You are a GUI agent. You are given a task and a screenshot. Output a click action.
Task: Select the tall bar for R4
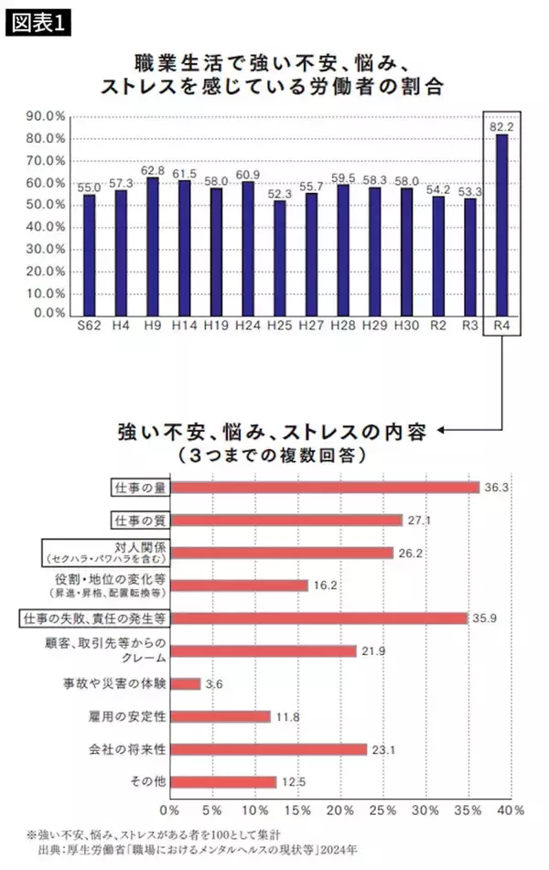click(501, 223)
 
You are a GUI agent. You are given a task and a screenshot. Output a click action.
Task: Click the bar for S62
click(89, 253)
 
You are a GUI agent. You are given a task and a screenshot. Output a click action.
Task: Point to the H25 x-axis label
click(279, 327)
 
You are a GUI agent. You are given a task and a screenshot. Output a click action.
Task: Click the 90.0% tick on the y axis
click(45, 116)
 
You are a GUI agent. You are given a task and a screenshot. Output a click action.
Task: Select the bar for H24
click(247, 247)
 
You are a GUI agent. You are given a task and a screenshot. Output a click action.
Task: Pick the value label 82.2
click(501, 127)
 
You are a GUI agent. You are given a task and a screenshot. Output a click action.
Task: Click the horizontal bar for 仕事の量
click(325, 487)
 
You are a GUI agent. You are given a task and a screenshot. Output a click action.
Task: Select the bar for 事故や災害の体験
click(186, 683)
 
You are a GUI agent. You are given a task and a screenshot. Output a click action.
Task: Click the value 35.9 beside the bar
click(490, 618)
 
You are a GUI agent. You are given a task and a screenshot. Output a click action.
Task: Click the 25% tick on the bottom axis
click(382, 811)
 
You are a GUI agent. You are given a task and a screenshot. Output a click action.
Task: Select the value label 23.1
click(382, 749)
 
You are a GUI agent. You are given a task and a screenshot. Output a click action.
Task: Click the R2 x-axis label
click(437, 327)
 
